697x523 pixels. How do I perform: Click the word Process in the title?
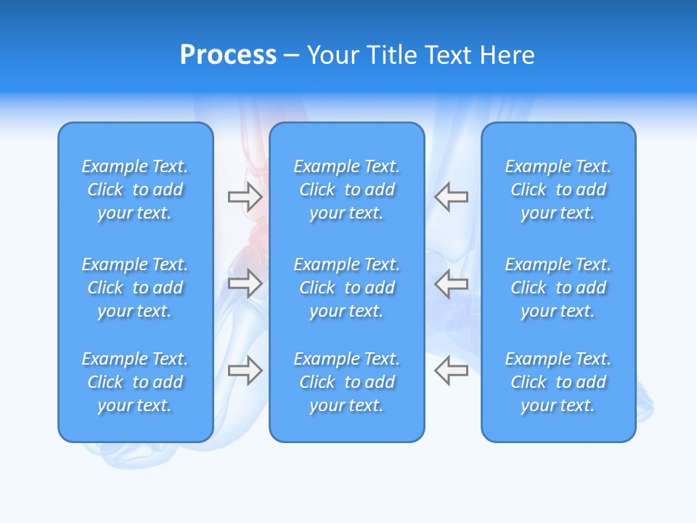click(228, 55)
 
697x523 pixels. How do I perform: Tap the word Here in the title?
click(506, 55)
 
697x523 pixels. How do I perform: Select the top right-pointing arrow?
click(245, 196)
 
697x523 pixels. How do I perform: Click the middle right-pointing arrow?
click(245, 283)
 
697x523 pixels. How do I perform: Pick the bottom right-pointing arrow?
click(245, 370)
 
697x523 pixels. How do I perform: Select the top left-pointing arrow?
click(451, 196)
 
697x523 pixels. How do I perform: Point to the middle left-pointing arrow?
click(451, 283)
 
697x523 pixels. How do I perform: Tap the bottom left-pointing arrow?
click(451, 370)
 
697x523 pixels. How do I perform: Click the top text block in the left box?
click(135, 190)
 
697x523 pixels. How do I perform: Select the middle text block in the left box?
click(135, 288)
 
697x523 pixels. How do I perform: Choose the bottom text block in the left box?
click(135, 382)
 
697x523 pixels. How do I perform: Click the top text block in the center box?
click(346, 190)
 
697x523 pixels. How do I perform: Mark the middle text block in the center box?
click(346, 288)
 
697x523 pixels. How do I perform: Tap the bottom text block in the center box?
click(346, 382)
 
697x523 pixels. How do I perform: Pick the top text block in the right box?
click(558, 190)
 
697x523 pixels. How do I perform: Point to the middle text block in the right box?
click(558, 288)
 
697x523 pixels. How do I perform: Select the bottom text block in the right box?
click(558, 382)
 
